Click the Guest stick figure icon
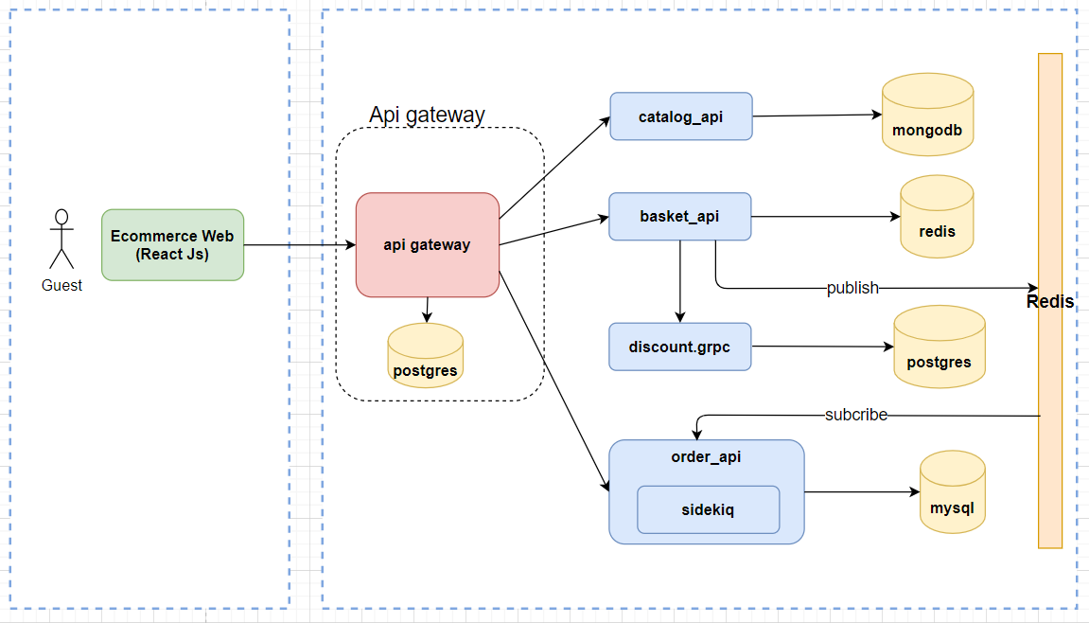tap(61, 239)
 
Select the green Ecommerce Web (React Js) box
tap(172, 244)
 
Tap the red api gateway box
tap(427, 244)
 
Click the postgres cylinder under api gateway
tap(425, 355)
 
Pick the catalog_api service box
tap(680, 116)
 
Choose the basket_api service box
tap(679, 216)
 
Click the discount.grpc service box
tap(679, 347)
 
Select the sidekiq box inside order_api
tap(708, 509)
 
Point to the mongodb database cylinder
tap(927, 116)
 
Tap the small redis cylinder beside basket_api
tap(937, 217)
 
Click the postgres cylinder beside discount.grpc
tap(939, 347)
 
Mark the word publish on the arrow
tap(852, 288)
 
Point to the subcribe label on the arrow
tap(855, 415)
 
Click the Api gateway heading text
tap(427, 115)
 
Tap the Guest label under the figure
tap(61, 285)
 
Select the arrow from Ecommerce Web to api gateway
tap(299, 245)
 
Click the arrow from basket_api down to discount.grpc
tap(679, 280)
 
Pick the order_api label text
tap(706, 457)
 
